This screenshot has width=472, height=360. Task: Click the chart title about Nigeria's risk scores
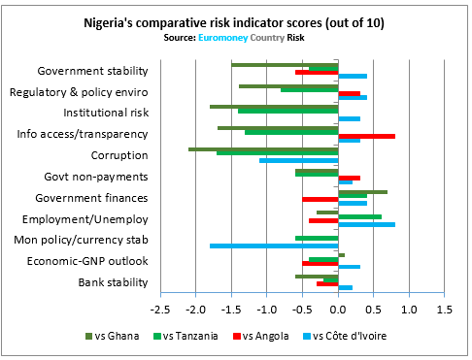click(x=236, y=21)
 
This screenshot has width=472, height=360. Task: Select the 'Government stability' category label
click(x=92, y=71)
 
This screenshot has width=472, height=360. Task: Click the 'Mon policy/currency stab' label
click(x=81, y=240)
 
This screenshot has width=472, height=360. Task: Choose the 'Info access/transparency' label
click(x=83, y=134)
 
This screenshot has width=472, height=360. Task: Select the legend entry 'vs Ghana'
click(x=114, y=337)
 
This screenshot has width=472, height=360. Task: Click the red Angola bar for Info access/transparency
click(x=366, y=136)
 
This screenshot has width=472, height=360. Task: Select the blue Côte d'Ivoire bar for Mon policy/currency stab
click(x=274, y=245)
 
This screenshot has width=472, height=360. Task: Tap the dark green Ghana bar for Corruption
click(x=263, y=149)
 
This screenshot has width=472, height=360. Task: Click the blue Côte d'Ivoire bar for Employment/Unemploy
click(x=366, y=224)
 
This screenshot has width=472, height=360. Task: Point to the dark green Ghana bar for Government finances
click(x=362, y=192)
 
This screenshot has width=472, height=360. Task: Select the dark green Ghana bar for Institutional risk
click(x=274, y=107)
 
